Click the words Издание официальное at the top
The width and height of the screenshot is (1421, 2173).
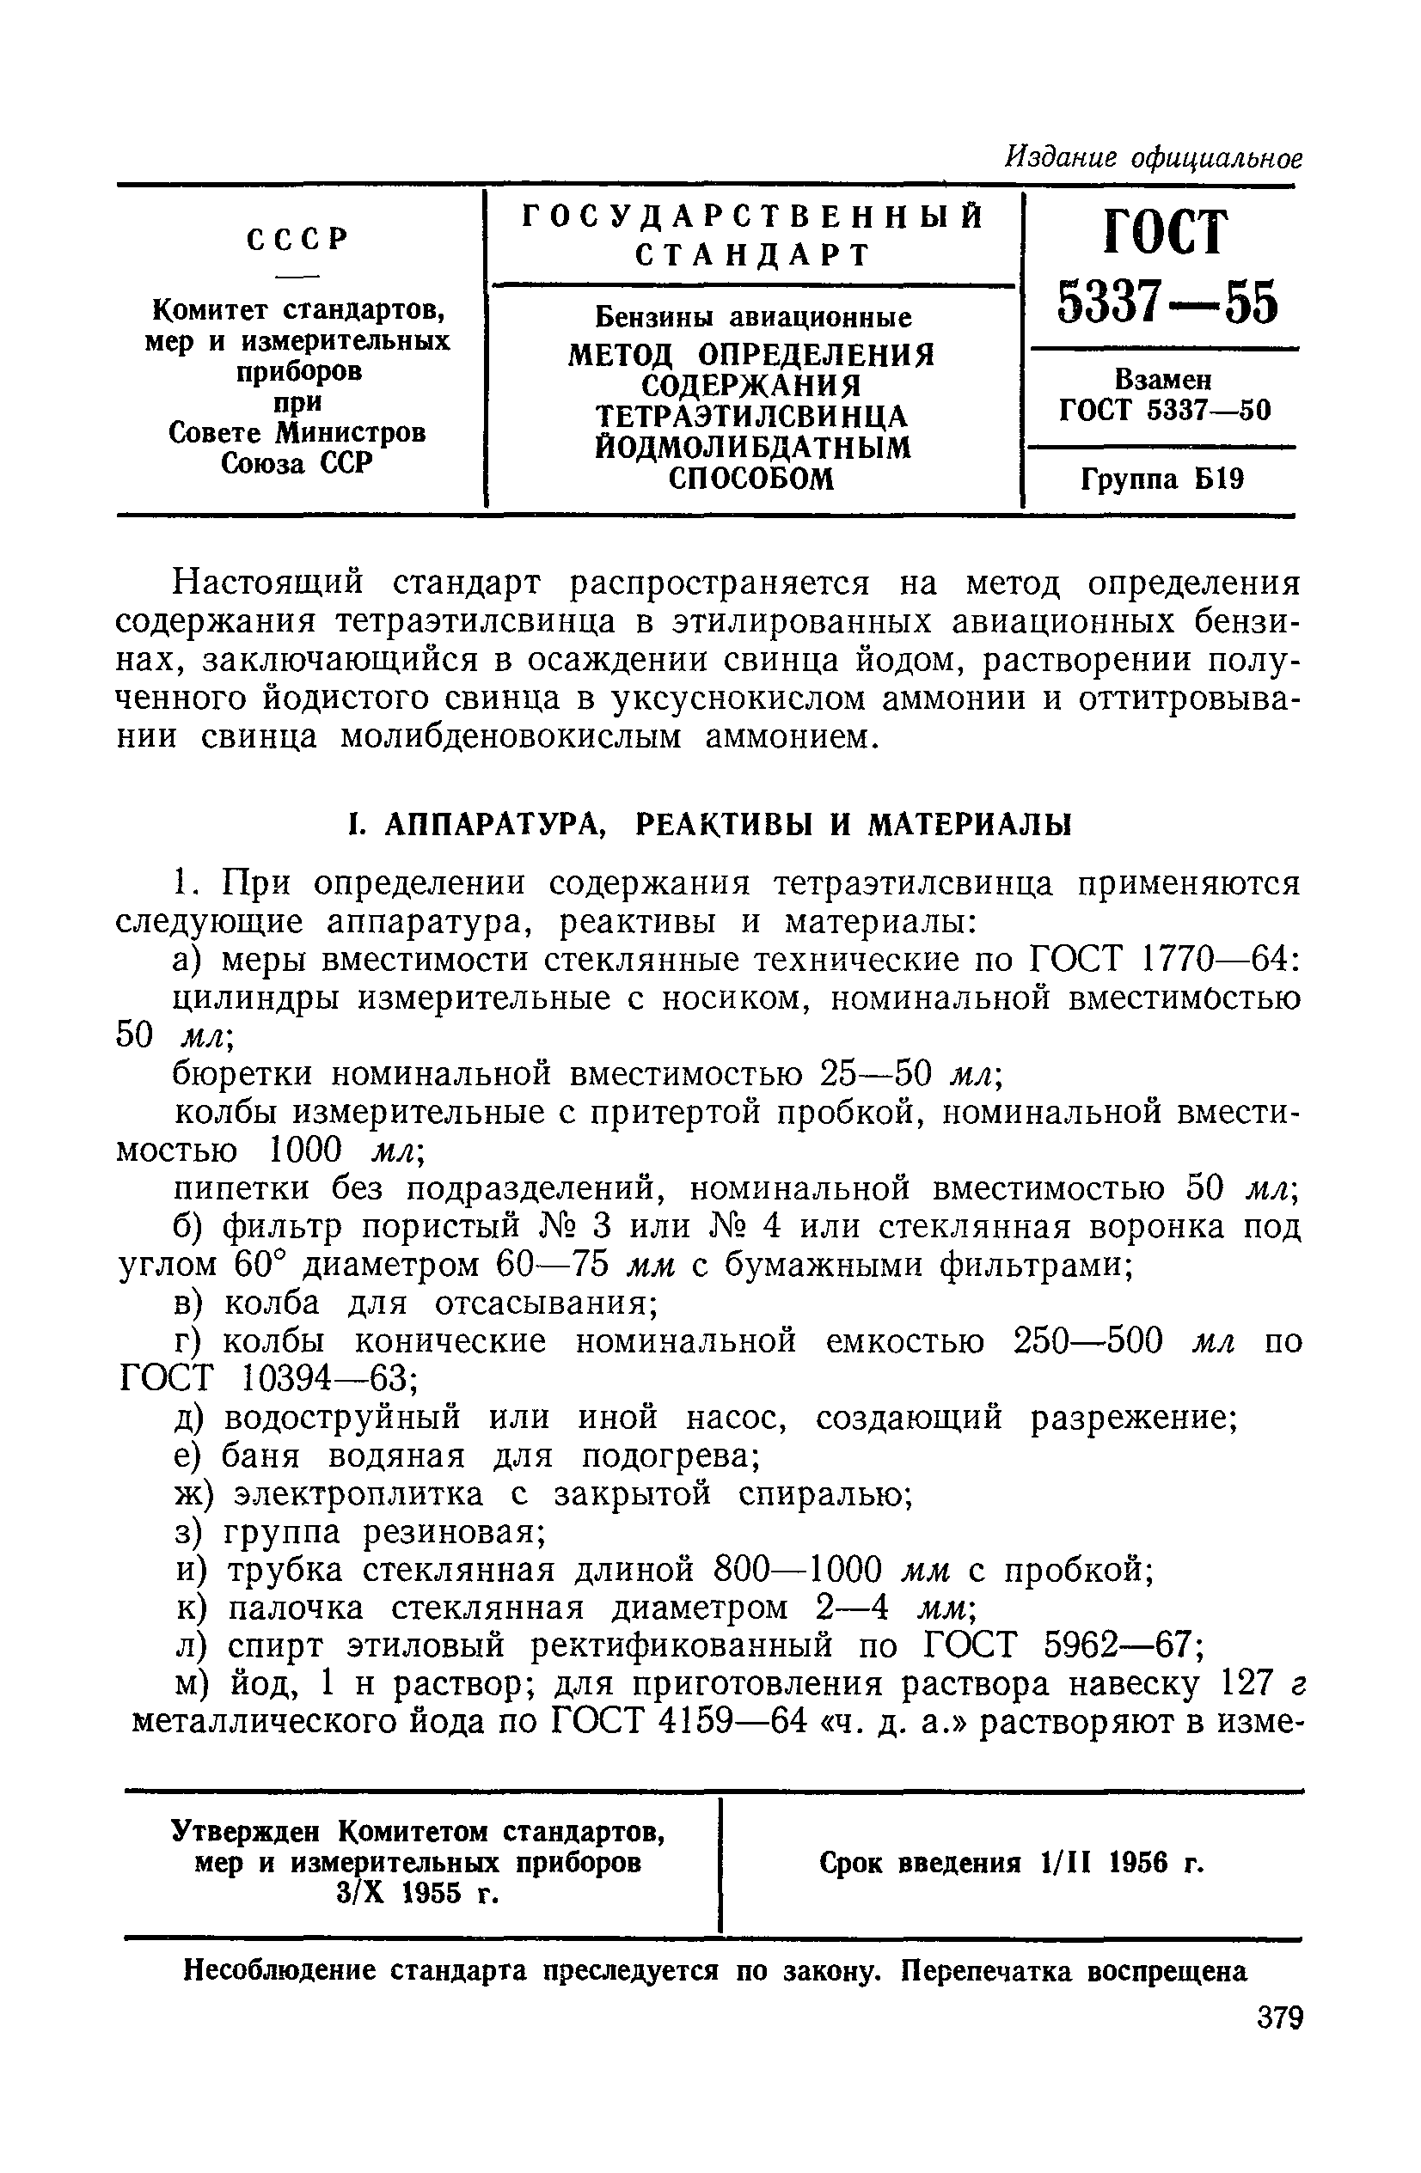tap(1153, 158)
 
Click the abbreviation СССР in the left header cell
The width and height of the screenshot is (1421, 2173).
tap(298, 239)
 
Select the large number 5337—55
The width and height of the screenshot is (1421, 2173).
tap(1168, 303)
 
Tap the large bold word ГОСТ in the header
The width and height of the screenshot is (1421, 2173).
tap(1167, 234)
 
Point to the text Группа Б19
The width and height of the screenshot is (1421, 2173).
tap(1161, 479)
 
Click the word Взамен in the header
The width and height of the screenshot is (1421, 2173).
tap(1162, 379)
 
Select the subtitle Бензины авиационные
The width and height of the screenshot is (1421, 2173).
tap(753, 317)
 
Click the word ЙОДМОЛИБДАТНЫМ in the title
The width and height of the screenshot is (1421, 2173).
tap(752, 448)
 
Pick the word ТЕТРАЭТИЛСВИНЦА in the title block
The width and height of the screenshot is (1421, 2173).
tap(752, 417)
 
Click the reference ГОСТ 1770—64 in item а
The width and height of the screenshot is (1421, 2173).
tap(1158, 960)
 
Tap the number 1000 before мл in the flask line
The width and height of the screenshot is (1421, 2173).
tap(308, 1150)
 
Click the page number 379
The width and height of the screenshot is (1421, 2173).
tap(1278, 2017)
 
